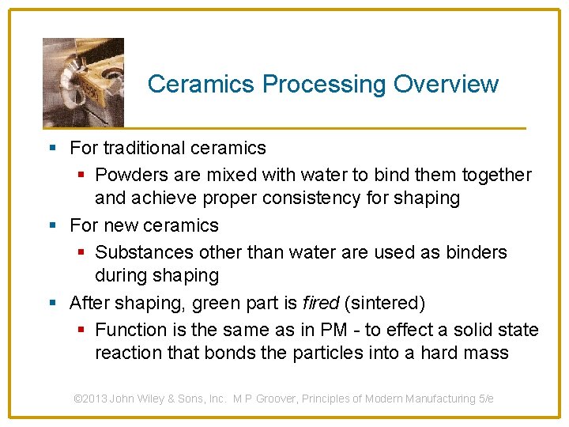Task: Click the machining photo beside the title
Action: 83,81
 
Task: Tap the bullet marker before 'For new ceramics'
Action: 52,225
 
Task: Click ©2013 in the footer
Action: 90,399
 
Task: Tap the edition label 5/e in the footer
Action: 485,399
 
